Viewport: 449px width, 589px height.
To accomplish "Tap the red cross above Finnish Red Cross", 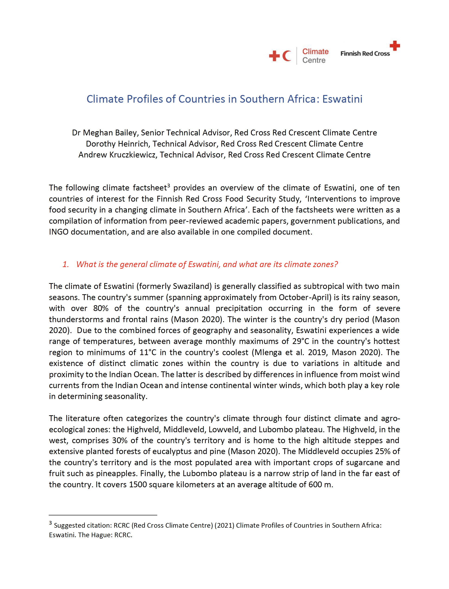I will [x=394, y=46].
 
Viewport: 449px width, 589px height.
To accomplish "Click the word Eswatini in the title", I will [x=342, y=99].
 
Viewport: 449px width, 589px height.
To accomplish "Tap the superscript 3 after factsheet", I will [x=169, y=185].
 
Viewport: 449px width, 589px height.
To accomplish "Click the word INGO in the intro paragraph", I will [x=59, y=232].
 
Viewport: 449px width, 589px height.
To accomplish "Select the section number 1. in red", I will [x=66, y=264].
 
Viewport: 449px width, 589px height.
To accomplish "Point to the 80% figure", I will [x=101, y=308].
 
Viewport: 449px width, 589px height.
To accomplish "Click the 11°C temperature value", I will [x=148, y=352].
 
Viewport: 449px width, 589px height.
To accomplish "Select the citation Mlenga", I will [x=268, y=352].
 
